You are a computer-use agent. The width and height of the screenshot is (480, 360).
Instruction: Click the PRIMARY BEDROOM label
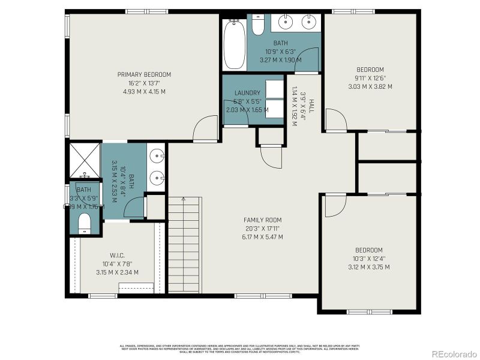pos(144,74)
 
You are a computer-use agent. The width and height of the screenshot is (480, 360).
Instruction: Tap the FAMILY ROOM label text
pos(262,220)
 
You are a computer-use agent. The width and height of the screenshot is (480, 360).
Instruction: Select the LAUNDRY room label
pos(247,93)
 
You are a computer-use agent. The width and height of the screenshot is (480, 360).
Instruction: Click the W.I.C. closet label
pos(117,255)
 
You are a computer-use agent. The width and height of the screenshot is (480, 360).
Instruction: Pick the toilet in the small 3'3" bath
pos(84,222)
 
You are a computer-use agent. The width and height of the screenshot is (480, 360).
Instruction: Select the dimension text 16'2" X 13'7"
pos(144,83)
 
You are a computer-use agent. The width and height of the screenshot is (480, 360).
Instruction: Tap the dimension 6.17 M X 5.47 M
pos(262,237)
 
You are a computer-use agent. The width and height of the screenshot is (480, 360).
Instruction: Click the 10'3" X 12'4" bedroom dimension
pos(370,259)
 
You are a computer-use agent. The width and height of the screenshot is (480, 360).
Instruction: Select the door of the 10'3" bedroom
pos(335,206)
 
